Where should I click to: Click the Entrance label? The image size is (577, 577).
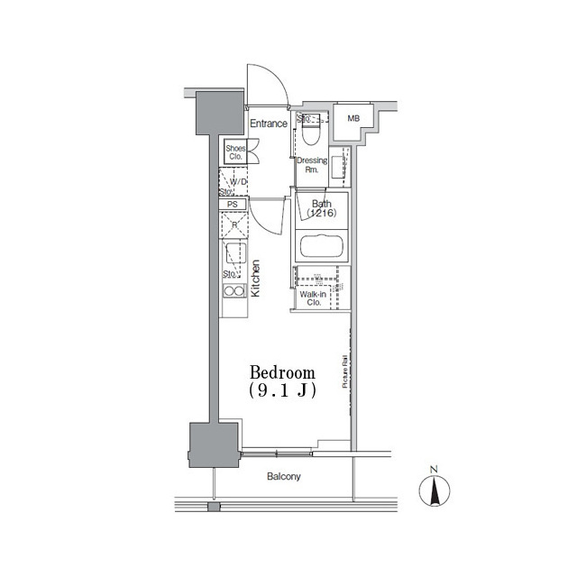pos(268,124)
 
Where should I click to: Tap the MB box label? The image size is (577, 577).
pos(353,118)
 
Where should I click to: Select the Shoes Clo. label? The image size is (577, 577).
pos(235,151)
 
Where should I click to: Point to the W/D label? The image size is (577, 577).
pos(238,183)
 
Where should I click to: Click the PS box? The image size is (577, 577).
pos(232,205)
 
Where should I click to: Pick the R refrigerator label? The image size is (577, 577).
pos(234,224)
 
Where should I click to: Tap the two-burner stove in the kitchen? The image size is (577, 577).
pos(234,291)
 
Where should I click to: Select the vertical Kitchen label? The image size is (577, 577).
pos(256,279)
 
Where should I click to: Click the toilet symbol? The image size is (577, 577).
pos(311,133)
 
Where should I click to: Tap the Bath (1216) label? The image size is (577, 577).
pos(321,209)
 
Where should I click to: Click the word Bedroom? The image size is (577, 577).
pos(282,372)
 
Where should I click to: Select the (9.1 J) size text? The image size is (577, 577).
pos(282,390)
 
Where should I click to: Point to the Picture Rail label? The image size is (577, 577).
pos(344,371)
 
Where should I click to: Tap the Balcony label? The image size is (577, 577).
pos(283,477)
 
